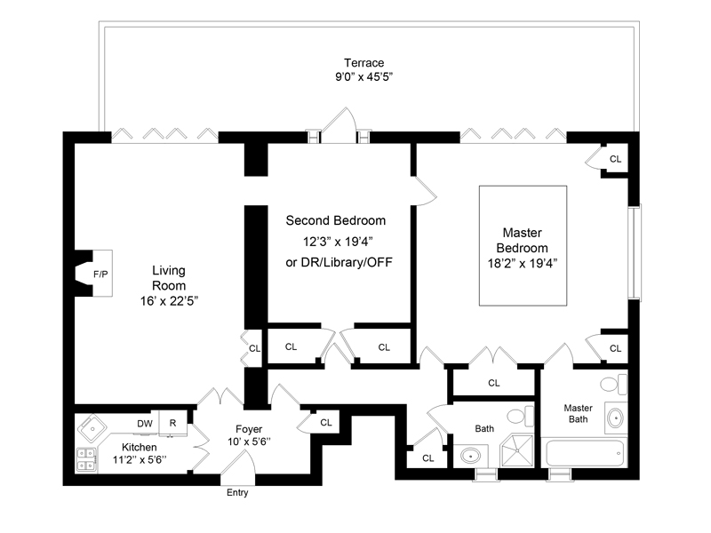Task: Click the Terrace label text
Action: [364, 62]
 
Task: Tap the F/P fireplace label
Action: [100, 274]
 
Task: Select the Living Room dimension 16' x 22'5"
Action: [169, 300]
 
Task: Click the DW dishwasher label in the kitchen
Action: [144, 423]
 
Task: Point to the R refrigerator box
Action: [173, 424]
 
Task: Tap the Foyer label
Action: [249, 428]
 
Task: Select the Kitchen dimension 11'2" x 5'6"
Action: [140, 460]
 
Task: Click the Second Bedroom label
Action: [336, 220]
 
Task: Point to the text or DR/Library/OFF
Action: [339, 262]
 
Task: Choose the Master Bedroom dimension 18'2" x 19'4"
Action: [523, 263]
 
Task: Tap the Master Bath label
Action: [578, 414]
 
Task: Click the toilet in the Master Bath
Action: [612, 385]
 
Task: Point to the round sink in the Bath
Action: [470, 457]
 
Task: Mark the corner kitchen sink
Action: [91, 429]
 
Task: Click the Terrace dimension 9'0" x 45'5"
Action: [364, 77]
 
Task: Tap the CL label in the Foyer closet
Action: [325, 423]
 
